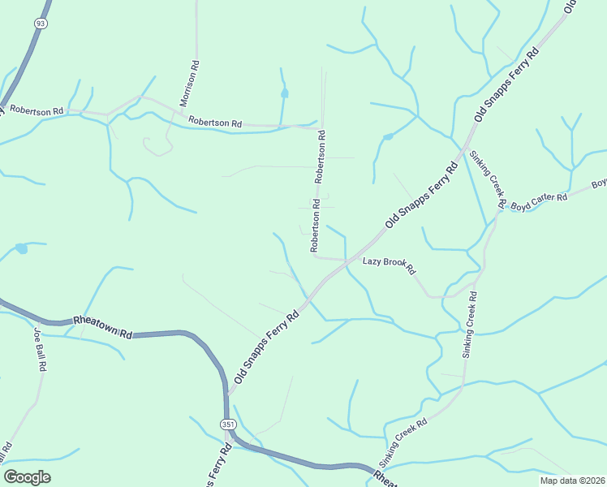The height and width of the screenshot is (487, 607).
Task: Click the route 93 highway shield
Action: (x=39, y=24)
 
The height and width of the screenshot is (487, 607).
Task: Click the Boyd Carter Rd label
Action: (x=538, y=201)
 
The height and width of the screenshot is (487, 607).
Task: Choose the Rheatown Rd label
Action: (x=102, y=326)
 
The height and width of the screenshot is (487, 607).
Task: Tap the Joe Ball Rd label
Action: (x=40, y=348)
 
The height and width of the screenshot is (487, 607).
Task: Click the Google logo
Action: (x=27, y=477)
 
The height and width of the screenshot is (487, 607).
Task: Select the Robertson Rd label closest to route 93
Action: (x=36, y=109)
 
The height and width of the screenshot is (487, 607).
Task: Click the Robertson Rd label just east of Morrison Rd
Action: (x=215, y=123)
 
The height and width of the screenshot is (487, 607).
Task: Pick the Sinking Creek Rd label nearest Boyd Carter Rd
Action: (x=487, y=179)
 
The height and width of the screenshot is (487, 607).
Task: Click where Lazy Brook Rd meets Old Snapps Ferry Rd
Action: (x=348, y=261)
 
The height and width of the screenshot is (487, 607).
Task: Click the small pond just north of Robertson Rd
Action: (x=284, y=93)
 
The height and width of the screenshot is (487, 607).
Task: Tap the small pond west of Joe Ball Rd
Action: (x=21, y=248)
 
